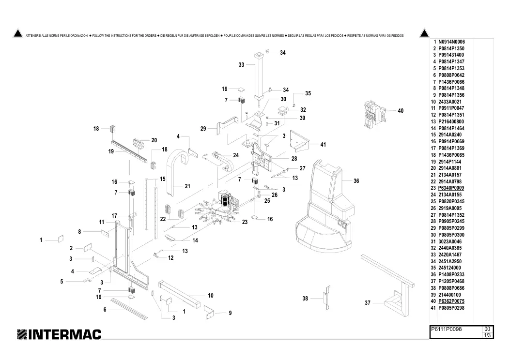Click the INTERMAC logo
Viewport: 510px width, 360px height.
pos(59,334)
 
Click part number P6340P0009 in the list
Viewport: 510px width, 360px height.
pos(451,188)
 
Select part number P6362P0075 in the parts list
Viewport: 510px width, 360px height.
pos(451,301)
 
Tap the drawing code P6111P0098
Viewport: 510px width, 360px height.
pos(446,329)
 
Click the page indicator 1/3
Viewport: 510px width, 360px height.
pos(487,335)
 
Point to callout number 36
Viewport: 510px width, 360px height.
pos(356,181)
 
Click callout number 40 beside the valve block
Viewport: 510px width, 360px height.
pos(401,111)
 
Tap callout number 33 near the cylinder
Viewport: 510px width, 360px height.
pos(241,65)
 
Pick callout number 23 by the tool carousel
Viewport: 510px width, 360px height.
pos(245,222)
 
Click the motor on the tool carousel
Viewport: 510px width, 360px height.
pos(225,198)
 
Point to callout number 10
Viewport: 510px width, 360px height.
pos(210,296)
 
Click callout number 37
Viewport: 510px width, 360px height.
pos(368,303)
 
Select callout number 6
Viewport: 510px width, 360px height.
pos(105,310)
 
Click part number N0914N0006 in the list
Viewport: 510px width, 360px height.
pos(451,42)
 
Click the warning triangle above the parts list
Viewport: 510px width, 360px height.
pos(424,33)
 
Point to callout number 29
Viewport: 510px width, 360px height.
pos(203,129)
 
